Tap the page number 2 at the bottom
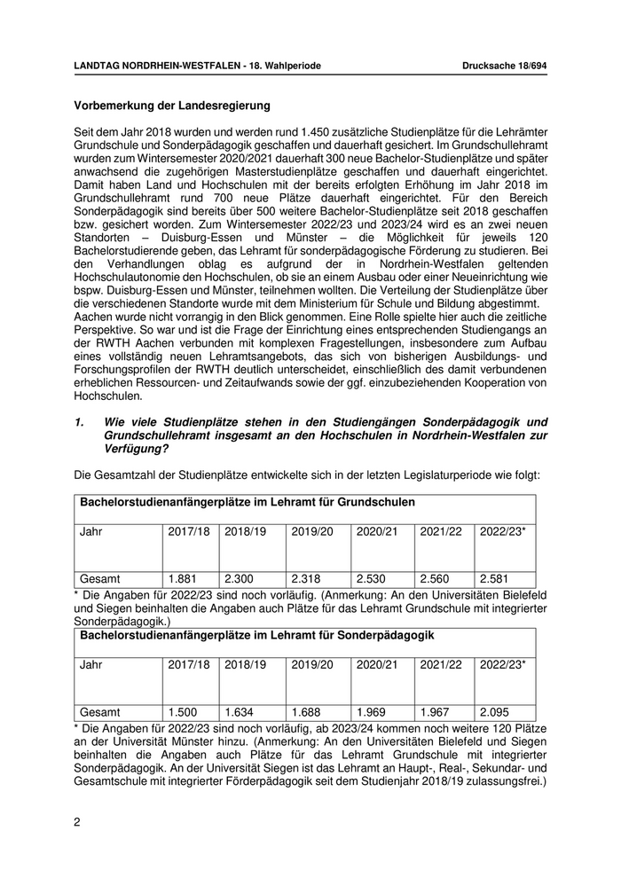point(77,821)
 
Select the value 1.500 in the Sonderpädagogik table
point(184,711)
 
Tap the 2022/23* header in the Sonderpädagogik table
point(502,664)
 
